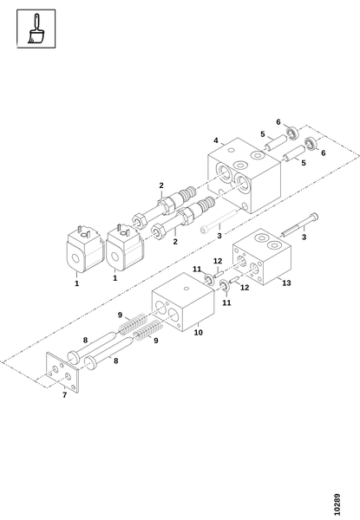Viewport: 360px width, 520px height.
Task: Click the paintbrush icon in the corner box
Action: [36, 29]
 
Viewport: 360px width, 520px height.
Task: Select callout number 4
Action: [216, 140]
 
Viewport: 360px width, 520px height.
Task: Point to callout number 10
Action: [198, 332]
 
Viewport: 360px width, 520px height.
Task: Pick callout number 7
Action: [64, 394]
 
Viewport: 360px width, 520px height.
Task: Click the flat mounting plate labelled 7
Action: [62, 373]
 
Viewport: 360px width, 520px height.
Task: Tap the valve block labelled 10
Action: [183, 302]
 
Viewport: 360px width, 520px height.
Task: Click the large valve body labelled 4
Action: [245, 175]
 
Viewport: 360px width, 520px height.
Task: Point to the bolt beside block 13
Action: [300, 224]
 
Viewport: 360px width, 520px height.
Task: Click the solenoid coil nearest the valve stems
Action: [125, 247]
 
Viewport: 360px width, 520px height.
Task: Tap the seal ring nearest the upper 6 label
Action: [292, 133]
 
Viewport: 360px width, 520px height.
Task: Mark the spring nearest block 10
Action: [133, 323]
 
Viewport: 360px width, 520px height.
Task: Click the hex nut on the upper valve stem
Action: [167, 205]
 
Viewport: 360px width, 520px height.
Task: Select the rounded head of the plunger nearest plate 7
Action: [90, 363]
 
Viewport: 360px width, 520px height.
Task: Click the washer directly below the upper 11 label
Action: [209, 280]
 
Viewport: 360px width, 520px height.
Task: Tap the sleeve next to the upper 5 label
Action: [275, 143]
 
